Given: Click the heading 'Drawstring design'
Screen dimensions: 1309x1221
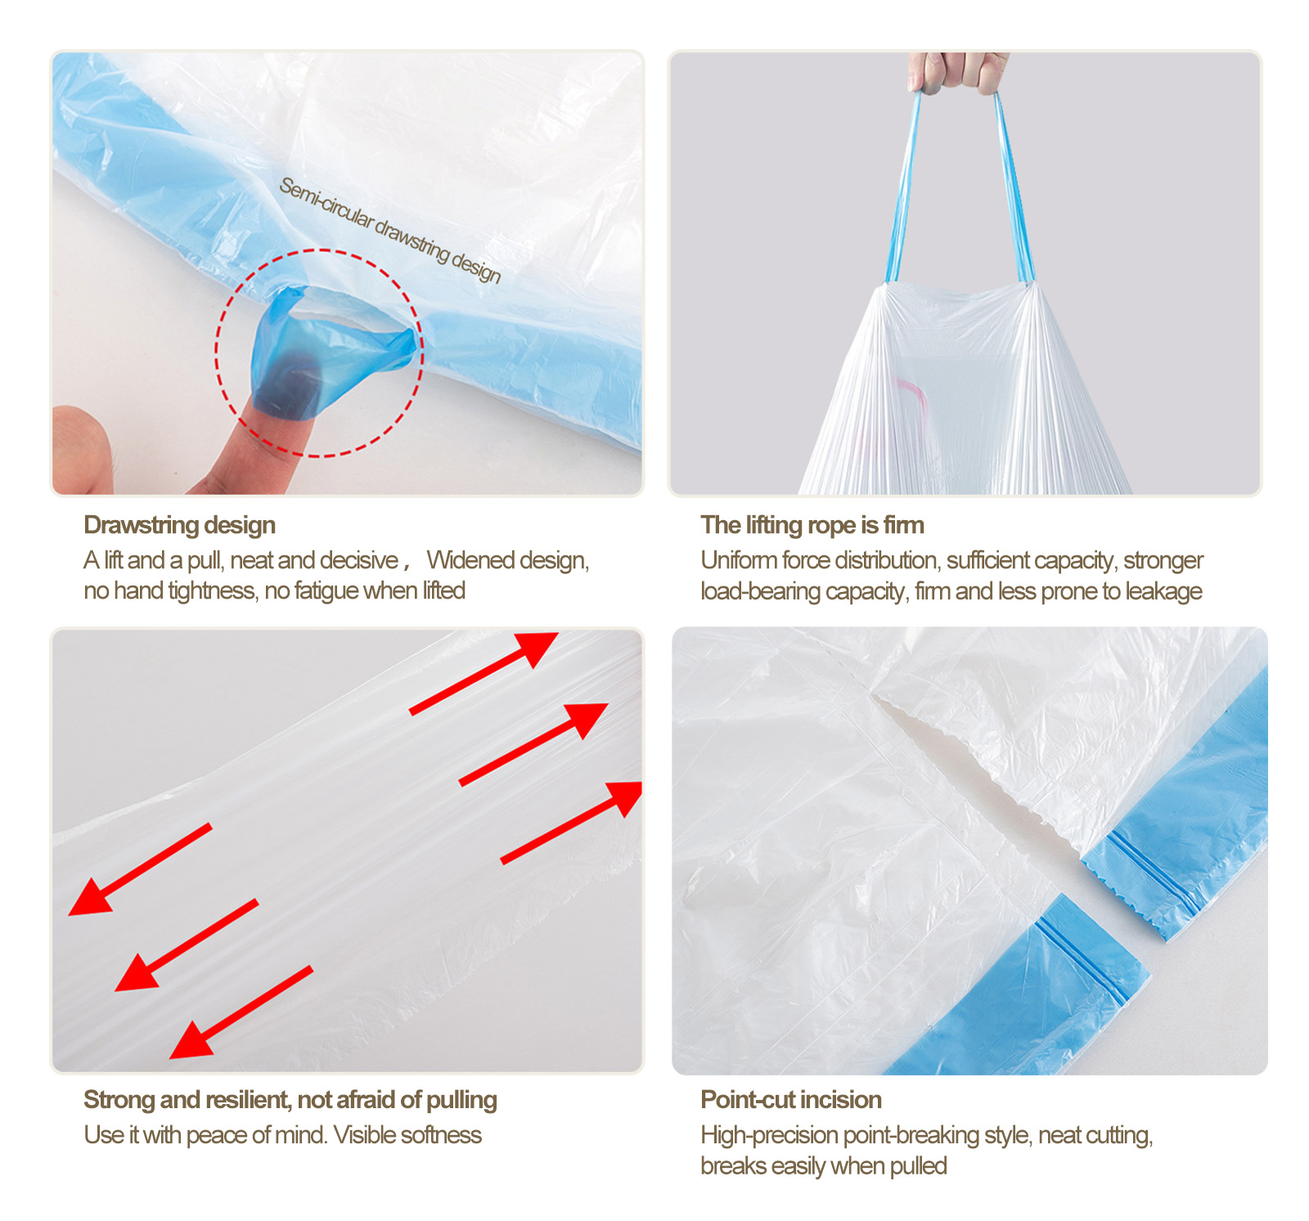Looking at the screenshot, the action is pyautogui.click(x=179, y=525).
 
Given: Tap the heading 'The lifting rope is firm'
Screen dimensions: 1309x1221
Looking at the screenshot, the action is pyautogui.click(x=812, y=525).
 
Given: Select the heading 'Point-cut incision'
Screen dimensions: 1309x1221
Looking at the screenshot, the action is pyautogui.click(x=791, y=1099).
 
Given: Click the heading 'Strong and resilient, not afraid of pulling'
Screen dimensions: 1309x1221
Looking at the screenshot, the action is pyautogui.click(x=290, y=1100).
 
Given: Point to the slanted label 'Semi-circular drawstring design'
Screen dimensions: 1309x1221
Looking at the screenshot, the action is pyautogui.click(x=389, y=230).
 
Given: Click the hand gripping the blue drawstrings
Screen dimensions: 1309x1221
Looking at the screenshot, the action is pyautogui.click(x=958, y=73).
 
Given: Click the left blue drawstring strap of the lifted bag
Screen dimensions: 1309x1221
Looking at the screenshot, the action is pyautogui.click(x=902, y=188).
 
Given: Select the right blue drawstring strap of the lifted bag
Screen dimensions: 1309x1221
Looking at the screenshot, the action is pyautogui.click(x=1014, y=188).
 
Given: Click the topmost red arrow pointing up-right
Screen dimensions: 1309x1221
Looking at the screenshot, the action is pyautogui.click(x=484, y=672).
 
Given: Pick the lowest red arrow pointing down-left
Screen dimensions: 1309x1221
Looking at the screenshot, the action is pyautogui.click(x=241, y=1012).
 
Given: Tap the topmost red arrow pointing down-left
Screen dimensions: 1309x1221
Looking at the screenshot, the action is pyautogui.click(x=140, y=869).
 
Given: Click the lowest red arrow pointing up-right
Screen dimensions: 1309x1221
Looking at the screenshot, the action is pyautogui.click(x=571, y=822).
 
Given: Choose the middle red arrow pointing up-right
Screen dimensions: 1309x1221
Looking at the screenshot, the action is pyautogui.click(x=533, y=744).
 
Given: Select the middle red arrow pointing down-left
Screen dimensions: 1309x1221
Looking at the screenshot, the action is pyautogui.click(x=187, y=945).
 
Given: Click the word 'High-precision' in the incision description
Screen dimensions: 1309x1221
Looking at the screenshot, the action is pyautogui.click(x=769, y=1136).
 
